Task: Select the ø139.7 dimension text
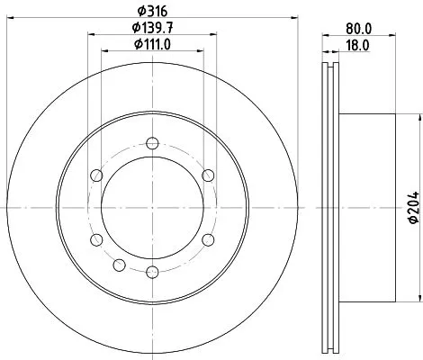click(151, 28)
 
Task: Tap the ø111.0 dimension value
click(151, 44)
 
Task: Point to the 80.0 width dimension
click(360, 28)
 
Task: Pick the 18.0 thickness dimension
click(360, 44)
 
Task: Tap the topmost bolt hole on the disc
click(151, 142)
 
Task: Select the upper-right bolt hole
click(208, 175)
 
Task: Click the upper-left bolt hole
click(94, 175)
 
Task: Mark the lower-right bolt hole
click(208, 239)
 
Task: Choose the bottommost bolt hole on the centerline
click(151, 272)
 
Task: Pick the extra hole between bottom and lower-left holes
click(119, 264)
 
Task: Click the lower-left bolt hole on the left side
click(94, 239)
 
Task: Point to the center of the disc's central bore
click(151, 207)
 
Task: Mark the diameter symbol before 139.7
click(128, 28)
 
